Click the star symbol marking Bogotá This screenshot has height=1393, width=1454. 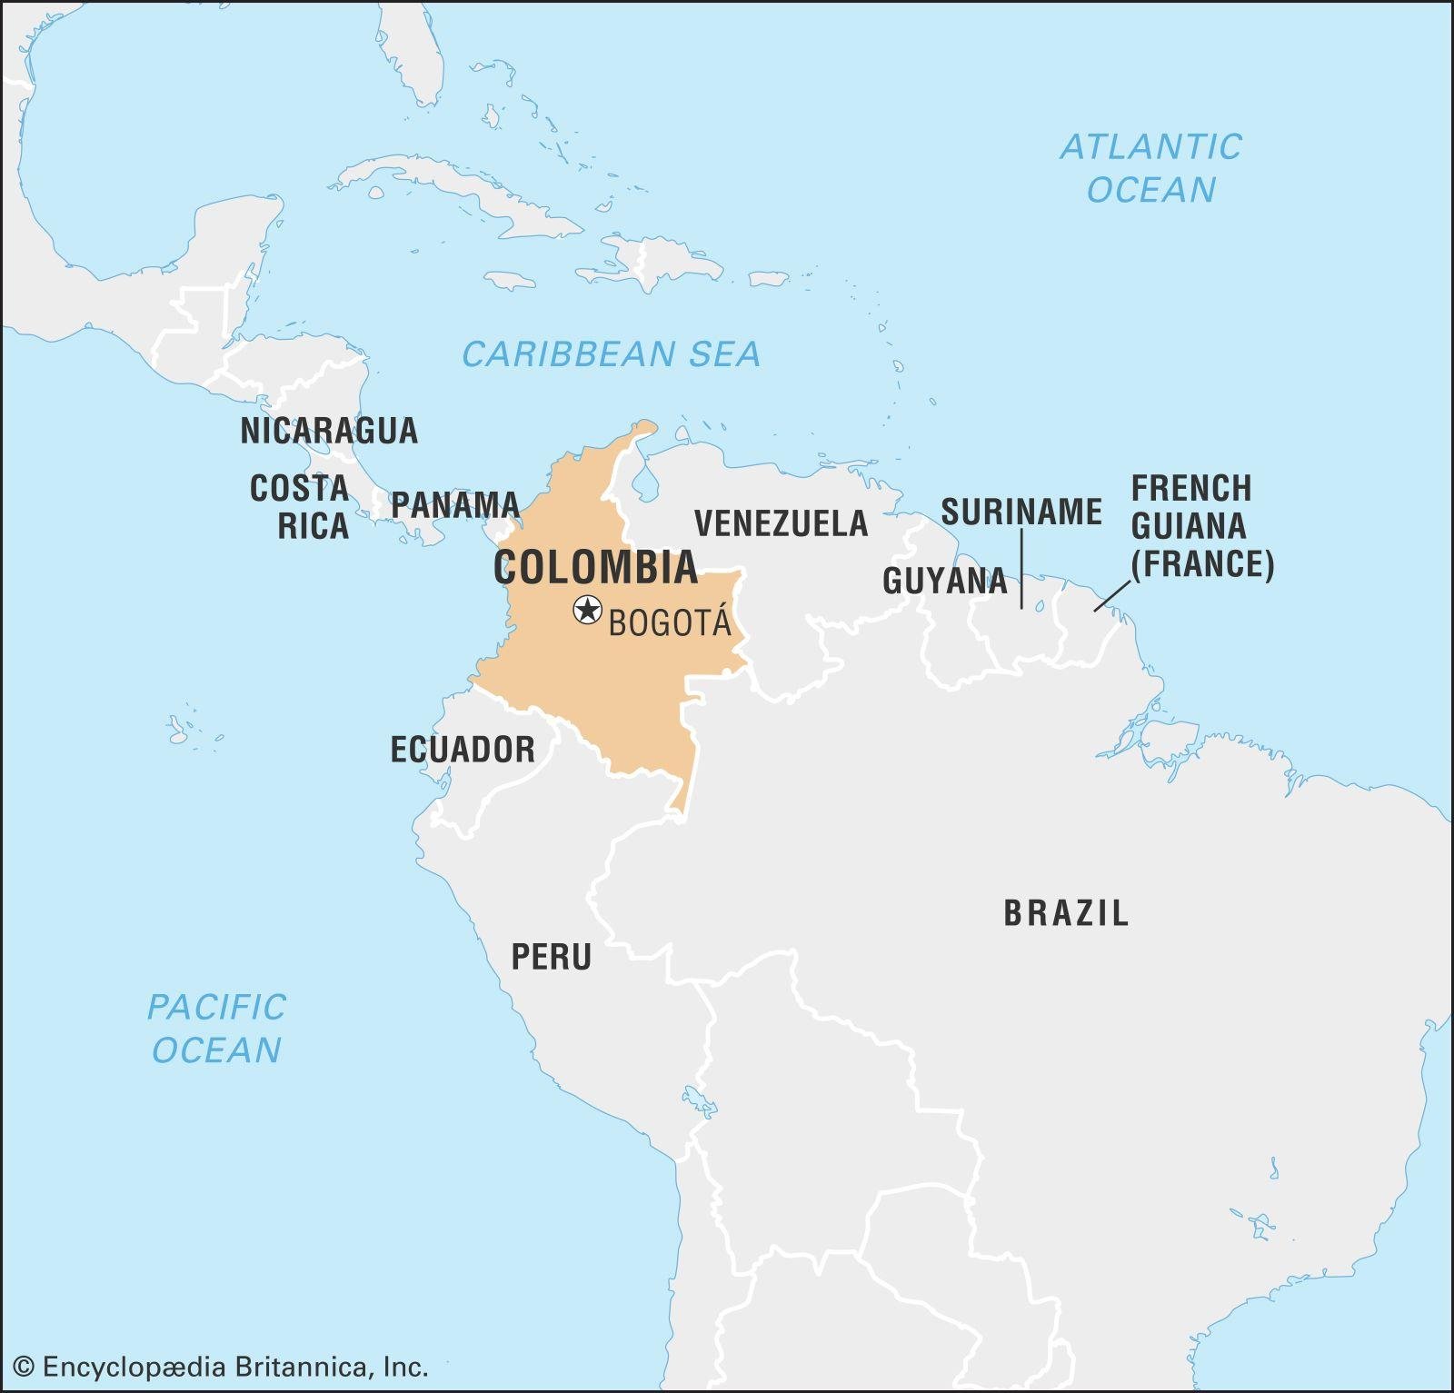tap(588, 610)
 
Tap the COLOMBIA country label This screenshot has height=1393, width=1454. tap(595, 568)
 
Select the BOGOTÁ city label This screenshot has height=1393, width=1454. tap(670, 623)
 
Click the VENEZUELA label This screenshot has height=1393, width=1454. tap(781, 523)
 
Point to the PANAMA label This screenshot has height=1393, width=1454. tap(454, 504)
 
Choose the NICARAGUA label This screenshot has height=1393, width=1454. tap(329, 430)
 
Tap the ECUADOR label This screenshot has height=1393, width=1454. tap(463, 750)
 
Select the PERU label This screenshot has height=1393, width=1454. tap(551, 957)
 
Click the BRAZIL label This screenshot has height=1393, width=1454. tap(1066, 912)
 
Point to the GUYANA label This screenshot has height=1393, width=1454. tap(944, 581)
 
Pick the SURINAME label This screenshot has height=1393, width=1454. tap(1021, 512)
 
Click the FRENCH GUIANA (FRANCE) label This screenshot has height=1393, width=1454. tap(1201, 526)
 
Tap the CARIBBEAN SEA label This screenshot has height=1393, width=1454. tap(611, 353)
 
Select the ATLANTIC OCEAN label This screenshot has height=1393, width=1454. tap(1150, 168)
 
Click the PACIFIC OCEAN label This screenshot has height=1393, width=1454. tap(216, 1029)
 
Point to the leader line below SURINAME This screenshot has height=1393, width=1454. tap(1021, 568)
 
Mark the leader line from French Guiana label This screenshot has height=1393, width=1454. tap(1111, 596)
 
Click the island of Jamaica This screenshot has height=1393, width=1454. tap(510, 281)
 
